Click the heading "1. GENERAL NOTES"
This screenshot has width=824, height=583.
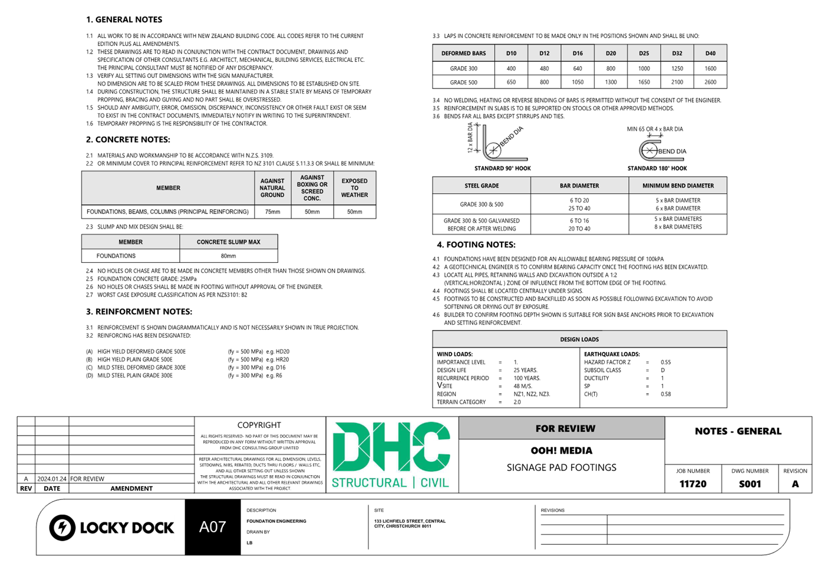coord(124,19)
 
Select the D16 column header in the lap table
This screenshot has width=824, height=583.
coord(578,53)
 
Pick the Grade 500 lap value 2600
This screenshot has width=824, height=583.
coord(710,83)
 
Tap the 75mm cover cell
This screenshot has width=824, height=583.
coord(272,212)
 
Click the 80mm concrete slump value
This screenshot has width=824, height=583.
coord(228,256)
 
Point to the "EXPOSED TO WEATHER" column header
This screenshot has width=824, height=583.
coord(354,188)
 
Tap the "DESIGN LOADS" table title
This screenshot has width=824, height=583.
coord(579,340)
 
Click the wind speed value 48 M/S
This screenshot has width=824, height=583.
coord(522,386)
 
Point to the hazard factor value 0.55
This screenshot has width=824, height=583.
coord(665,363)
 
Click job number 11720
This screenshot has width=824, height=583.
coord(693,484)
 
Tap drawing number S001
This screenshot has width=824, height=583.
coord(750,484)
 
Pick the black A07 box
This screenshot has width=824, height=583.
coord(213,527)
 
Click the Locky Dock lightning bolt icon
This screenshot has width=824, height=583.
coord(62,528)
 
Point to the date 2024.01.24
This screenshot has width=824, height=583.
coord(52,479)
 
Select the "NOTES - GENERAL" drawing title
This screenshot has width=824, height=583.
coord(738,432)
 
